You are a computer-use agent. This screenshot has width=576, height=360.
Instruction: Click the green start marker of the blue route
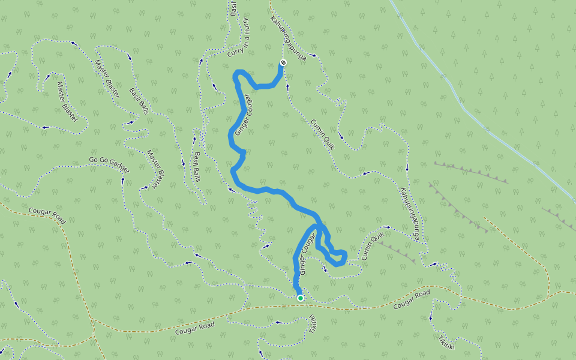[x=300, y=298]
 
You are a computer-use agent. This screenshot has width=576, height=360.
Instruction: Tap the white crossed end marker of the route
[x=283, y=62]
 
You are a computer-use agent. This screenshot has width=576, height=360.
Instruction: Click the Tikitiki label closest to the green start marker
[x=313, y=324]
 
